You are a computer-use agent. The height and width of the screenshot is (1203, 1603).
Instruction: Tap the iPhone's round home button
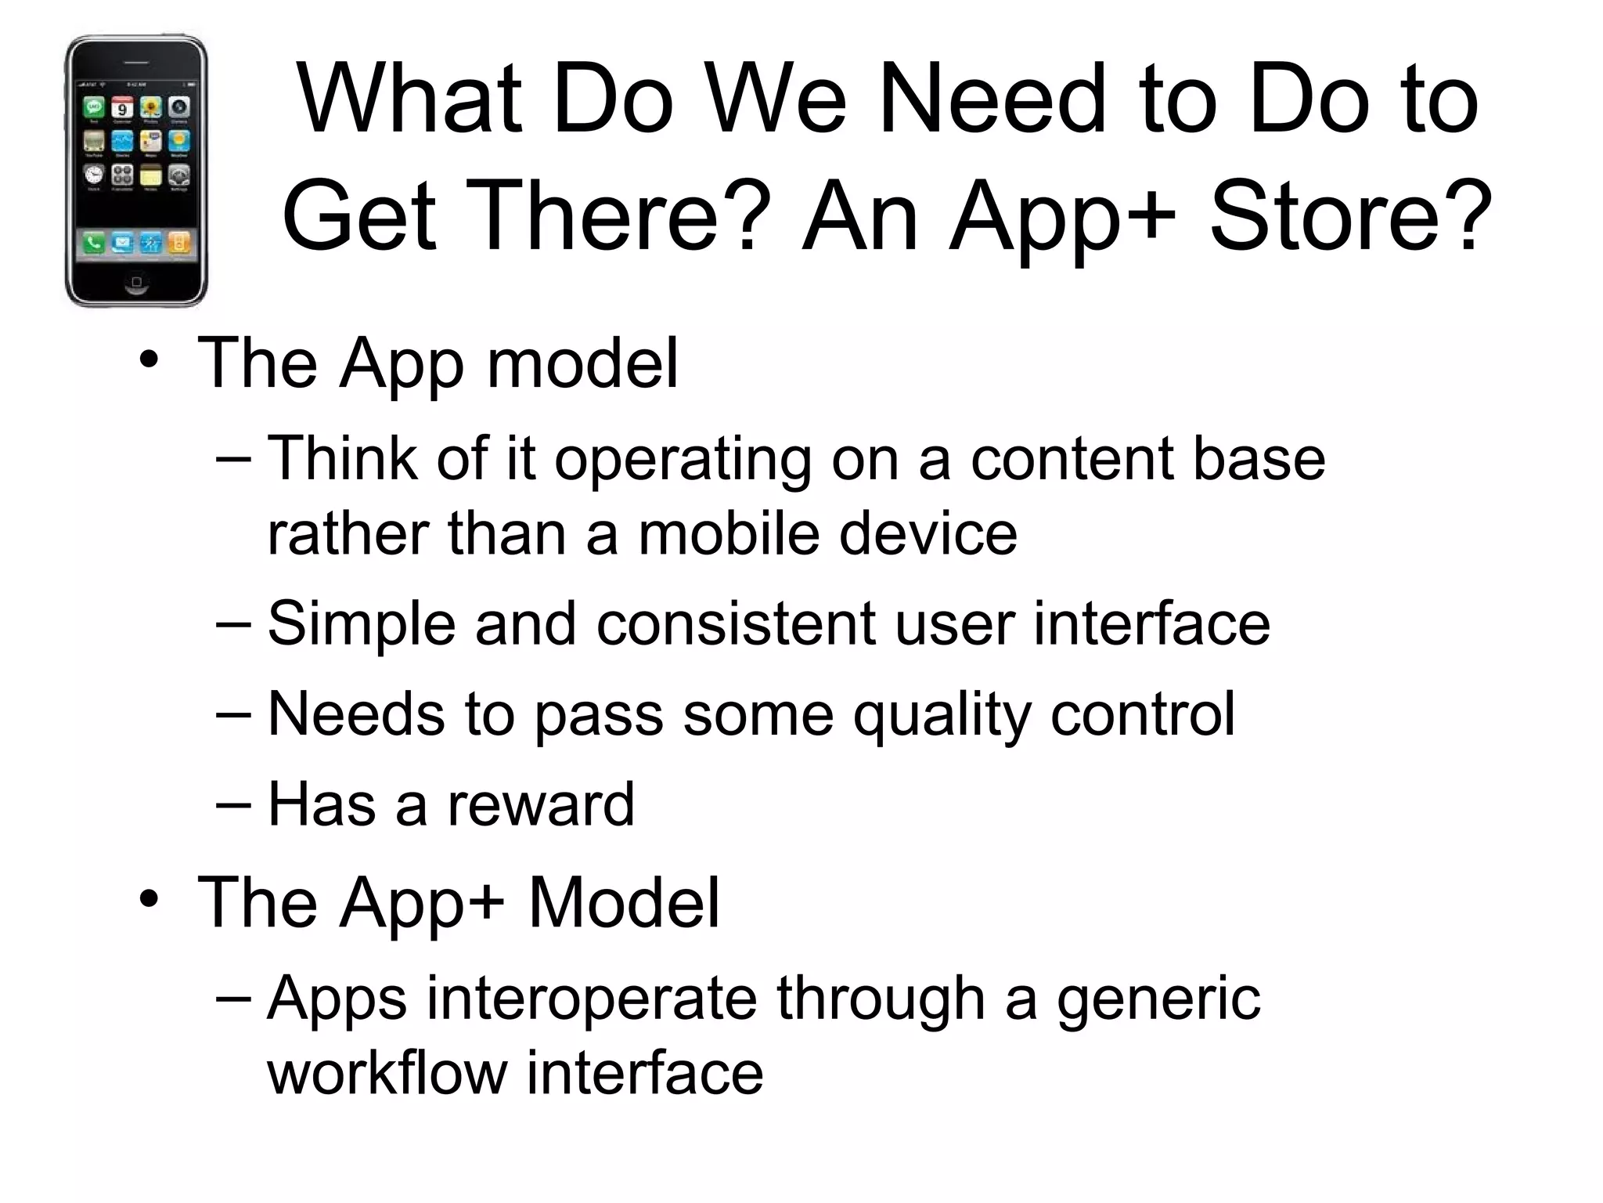136,281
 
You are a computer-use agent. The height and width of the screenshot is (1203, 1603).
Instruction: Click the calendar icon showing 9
122,108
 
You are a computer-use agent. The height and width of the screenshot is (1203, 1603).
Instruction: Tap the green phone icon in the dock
94,244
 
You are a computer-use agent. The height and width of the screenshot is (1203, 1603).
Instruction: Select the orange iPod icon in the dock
179,244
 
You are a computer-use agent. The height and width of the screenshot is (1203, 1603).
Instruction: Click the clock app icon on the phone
94,174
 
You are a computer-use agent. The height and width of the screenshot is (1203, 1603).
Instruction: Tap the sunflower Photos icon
150,108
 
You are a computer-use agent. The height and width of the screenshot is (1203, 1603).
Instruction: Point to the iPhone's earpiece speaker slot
136,62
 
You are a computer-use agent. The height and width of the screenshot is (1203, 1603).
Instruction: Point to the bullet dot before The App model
149,361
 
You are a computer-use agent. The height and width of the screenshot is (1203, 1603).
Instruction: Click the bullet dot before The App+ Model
149,900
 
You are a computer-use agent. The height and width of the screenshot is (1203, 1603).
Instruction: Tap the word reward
541,804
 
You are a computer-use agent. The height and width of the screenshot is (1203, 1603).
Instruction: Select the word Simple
361,624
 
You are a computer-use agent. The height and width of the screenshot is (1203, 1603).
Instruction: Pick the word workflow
387,1072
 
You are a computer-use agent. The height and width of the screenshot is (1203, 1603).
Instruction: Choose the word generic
1158,1000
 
